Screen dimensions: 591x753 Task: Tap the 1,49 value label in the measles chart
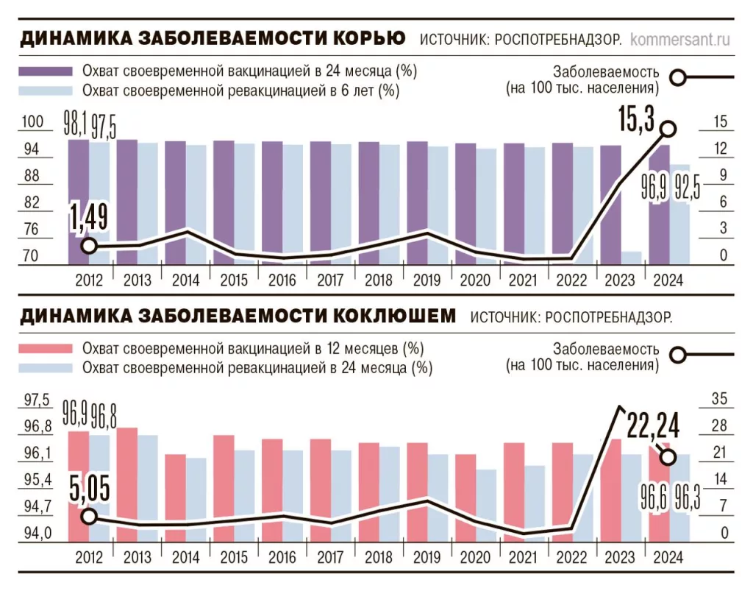click(x=88, y=219)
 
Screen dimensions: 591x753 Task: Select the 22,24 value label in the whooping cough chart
click(x=653, y=426)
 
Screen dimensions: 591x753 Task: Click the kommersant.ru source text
click(x=680, y=38)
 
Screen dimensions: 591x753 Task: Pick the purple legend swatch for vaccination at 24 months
click(x=45, y=71)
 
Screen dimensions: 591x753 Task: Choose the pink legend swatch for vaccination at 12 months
click(x=45, y=348)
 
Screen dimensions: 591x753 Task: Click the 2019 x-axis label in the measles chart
click(x=427, y=280)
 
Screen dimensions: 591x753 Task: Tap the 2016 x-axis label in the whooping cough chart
click(x=282, y=556)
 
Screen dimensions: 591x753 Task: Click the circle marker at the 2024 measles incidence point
click(x=668, y=129)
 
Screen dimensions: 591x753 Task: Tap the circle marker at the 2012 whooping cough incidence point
click(x=88, y=516)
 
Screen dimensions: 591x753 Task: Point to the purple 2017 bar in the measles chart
click(x=320, y=202)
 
